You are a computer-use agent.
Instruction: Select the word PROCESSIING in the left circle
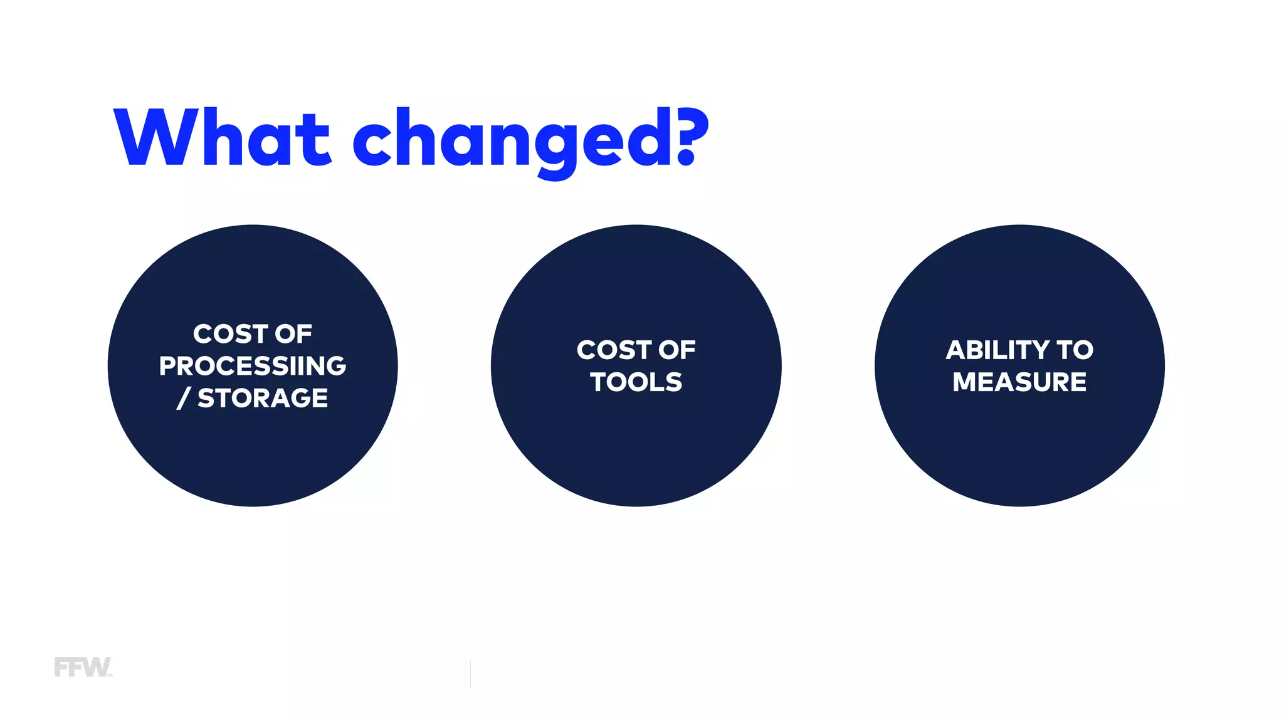(x=253, y=366)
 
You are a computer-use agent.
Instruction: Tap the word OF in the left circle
(x=293, y=334)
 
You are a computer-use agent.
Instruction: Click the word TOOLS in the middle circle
(x=636, y=382)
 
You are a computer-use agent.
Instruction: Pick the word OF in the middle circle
(x=677, y=350)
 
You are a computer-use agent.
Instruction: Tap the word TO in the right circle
(x=1075, y=350)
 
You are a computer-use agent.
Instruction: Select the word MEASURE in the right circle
(x=1019, y=382)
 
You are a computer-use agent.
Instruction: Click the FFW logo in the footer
(x=83, y=667)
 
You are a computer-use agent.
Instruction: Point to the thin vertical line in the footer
(x=470, y=674)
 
